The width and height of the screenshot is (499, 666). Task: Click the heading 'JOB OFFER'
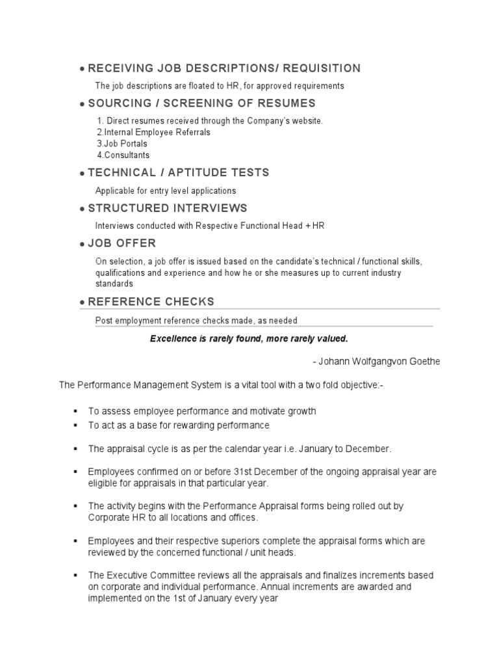coord(122,243)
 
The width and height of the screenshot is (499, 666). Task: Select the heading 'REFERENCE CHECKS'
coord(151,302)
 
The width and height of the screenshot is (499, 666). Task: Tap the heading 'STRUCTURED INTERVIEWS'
coord(168,208)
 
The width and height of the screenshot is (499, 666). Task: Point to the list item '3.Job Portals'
coord(122,144)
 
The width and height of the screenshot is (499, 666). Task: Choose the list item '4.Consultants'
coord(123,155)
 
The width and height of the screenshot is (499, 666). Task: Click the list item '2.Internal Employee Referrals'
coord(153,132)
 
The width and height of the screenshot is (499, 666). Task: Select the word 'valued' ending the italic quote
coord(334,339)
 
